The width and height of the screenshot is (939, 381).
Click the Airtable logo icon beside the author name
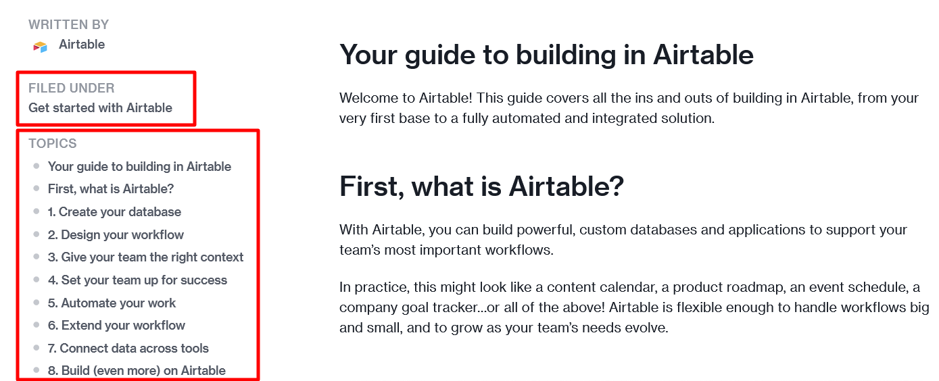coord(40,46)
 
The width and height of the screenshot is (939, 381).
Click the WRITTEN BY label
coord(68,25)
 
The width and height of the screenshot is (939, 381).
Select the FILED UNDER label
coord(71,88)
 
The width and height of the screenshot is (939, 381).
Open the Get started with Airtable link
coord(100,108)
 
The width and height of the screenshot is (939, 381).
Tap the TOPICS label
coord(52,143)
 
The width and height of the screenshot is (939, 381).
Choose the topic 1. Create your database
coord(114,212)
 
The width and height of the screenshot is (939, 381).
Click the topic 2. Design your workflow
coord(116,235)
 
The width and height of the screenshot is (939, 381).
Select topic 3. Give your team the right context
coord(145,257)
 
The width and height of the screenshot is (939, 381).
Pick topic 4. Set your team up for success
coord(137,280)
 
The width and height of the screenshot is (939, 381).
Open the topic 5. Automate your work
coord(112,303)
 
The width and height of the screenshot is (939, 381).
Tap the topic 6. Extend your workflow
coord(116,326)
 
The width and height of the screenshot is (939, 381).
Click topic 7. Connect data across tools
coord(128,349)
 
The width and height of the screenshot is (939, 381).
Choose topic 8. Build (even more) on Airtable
coord(137,371)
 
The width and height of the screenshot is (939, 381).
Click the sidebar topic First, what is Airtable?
coord(111,189)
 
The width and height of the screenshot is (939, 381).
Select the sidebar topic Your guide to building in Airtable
coord(139,167)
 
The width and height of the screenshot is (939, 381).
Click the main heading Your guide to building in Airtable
coord(546,55)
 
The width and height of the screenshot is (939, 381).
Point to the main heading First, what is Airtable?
coord(481,186)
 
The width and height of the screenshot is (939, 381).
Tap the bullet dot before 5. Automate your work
coord(37,303)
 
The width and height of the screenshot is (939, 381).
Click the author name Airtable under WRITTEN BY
coord(82,45)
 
